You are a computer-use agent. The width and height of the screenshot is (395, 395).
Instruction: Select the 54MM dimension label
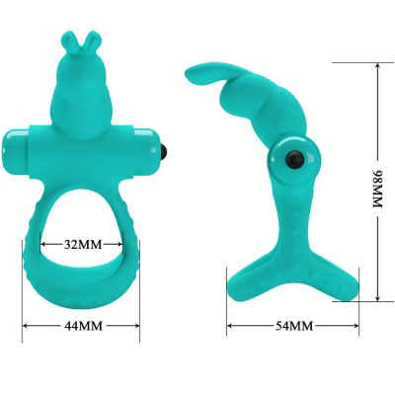click(292, 325)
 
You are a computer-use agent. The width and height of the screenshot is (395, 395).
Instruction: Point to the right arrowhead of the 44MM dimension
click(137, 324)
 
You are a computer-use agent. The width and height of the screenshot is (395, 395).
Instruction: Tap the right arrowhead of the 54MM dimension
click(356, 325)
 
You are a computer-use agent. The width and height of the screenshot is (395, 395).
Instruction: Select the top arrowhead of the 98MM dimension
click(377, 61)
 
